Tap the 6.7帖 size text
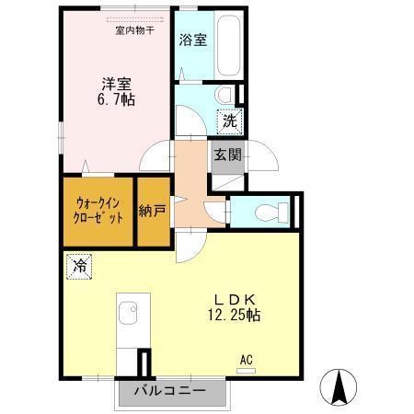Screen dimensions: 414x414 pyautogui.click(x=118, y=99)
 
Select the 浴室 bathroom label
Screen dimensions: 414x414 pyautogui.click(x=192, y=40)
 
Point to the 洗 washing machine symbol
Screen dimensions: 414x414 pyautogui.click(x=227, y=119)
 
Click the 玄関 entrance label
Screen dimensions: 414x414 pyautogui.click(x=227, y=155)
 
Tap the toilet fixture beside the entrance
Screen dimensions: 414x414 pyautogui.click(x=268, y=211)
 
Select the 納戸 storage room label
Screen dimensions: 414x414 pyautogui.click(x=154, y=211)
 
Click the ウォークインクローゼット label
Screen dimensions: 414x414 pyautogui.click(x=98, y=211)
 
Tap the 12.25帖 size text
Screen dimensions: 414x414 pyautogui.click(x=236, y=316)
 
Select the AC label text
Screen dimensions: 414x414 pyautogui.click(x=246, y=359)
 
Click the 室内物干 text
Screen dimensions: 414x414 pyautogui.click(x=134, y=29)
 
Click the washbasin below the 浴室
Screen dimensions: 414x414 pyautogui.click(x=224, y=94)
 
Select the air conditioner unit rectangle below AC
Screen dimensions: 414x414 pyautogui.click(x=246, y=370)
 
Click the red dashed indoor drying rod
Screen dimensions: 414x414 pyautogui.click(x=135, y=18)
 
